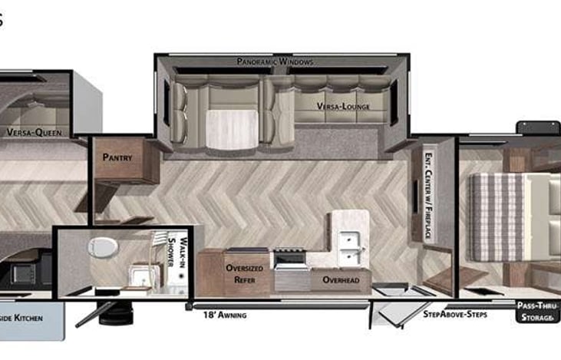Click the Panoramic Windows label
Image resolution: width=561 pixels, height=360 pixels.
point(275,61)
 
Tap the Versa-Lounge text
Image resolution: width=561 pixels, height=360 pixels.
point(342,107)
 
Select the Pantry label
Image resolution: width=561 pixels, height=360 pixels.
point(117,157)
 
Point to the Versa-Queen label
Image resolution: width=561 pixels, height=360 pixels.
point(34,132)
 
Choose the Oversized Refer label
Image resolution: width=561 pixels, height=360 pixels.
point(245,274)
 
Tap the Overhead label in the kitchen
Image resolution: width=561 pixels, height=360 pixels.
point(341,280)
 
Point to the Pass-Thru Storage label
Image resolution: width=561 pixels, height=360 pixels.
point(536,311)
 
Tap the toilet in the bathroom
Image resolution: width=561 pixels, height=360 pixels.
point(101,247)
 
